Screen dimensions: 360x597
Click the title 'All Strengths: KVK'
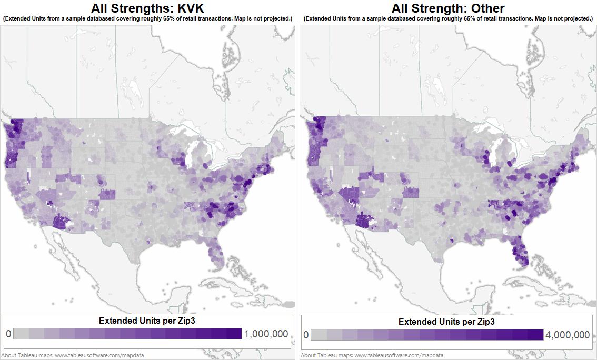click(x=147, y=8)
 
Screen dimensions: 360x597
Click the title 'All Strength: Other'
click(x=448, y=8)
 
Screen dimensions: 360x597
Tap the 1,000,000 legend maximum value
click(x=265, y=334)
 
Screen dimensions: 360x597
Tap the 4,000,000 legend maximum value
click(x=568, y=335)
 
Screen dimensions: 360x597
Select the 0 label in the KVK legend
click(x=8, y=334)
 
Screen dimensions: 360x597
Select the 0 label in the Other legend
click(x=306, y=335)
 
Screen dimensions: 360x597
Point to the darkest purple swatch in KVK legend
click(x=234, y=334)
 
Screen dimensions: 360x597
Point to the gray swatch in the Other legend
click(x=319, y=335)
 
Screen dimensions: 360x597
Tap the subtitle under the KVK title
click(x=147, y=18)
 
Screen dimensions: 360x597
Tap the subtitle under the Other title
click(x=448, y=18)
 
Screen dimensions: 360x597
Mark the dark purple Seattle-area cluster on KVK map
click(x=17, y=128)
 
